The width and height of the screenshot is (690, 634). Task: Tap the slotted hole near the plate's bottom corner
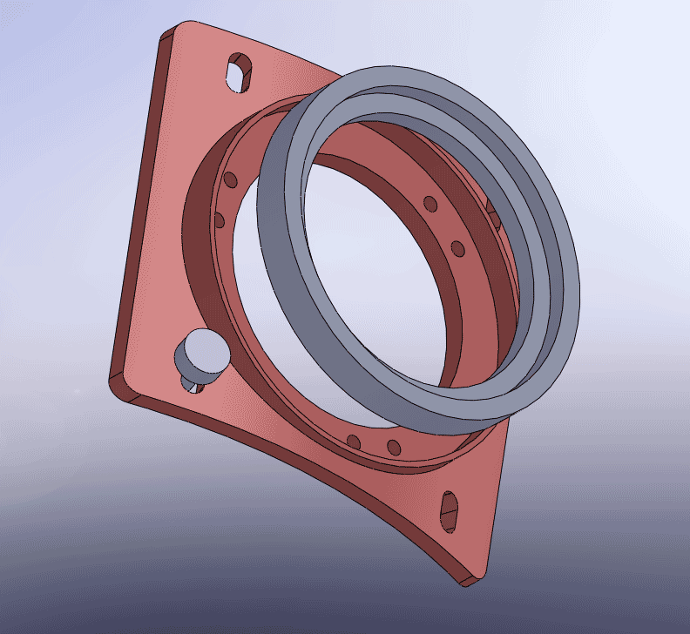(450, 511)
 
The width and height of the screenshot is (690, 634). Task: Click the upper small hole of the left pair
(230, 180)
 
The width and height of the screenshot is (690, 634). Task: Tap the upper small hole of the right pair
(430, 204)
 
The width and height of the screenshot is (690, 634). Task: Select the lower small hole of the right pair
(458, 249)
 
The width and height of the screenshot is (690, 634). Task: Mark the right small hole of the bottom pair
(394, 448)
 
